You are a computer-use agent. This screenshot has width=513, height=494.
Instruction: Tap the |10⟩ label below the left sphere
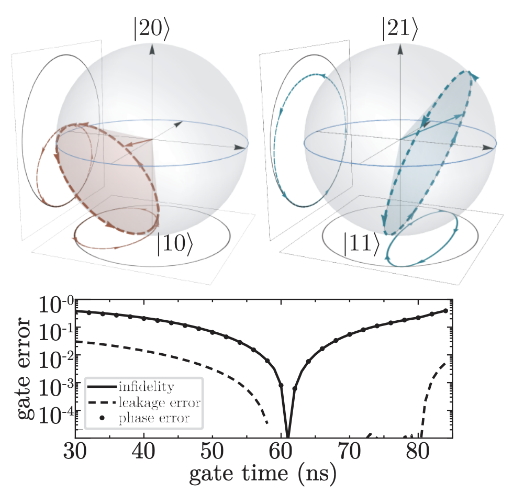click(x=176, y=245)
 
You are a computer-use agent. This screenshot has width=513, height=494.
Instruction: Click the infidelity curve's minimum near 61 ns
click(x=288, y=434)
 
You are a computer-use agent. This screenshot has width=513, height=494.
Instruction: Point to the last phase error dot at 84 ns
click(x=446, y=310)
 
